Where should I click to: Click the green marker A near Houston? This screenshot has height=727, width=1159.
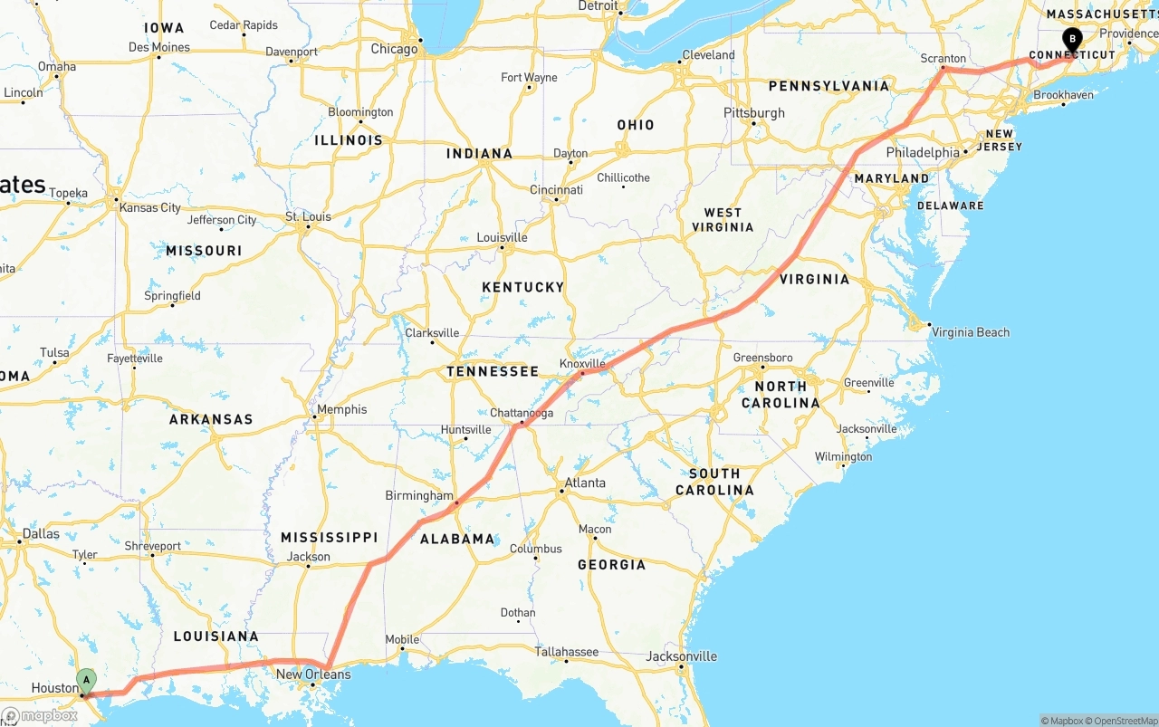click(86, 680)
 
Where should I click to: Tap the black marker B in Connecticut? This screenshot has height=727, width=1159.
click(1072, 39)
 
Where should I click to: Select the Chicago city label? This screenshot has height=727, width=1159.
click(394, 49)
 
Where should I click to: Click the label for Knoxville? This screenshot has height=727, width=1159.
click(582, 363)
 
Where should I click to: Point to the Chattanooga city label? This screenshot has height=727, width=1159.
click(521, 413)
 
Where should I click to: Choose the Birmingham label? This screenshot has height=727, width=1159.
click(419, 495)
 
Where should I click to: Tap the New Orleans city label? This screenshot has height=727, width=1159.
click(313, 674)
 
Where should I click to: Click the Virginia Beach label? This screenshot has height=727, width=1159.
click(971, 332)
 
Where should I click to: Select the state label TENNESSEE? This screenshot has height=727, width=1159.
click(493, 371)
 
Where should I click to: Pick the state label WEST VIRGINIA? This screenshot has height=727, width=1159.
click(723, 220)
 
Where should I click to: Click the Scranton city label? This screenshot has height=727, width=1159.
click(943, 58)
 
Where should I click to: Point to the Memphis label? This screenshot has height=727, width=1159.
click(341, 409)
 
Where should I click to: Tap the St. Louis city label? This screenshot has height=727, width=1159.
click(308, 216)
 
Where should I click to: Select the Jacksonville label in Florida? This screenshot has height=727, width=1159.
click(682, 656)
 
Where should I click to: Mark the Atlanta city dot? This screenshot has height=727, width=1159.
click(561, 491)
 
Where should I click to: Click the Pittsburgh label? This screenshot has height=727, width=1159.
click(754, 113)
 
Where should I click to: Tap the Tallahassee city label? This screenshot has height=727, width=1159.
click(566, 651)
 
